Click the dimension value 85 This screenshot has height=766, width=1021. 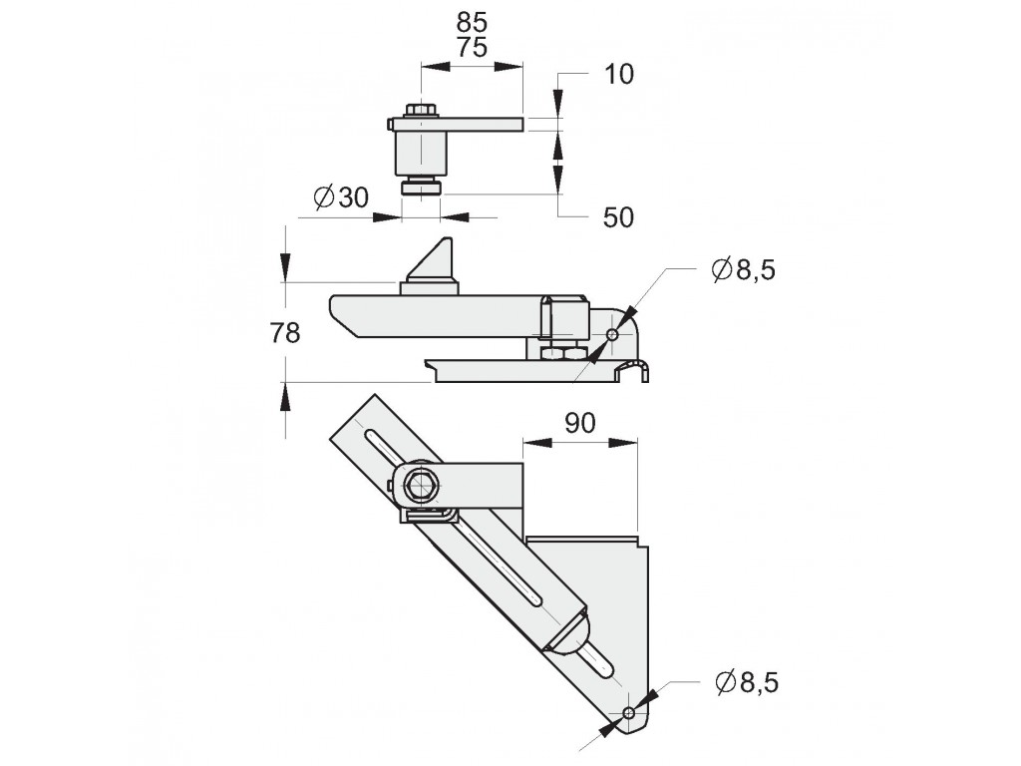[x=473, y=21]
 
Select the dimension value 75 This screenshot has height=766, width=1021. [x=473, y=48]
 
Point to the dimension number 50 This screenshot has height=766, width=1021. [x=619, y=217]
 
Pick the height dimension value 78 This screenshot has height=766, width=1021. [x=285, y=334]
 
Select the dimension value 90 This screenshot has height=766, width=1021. [x=579, y=423]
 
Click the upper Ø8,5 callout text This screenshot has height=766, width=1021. [x=744, y=269]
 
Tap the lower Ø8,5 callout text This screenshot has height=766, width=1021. [x=747, y=683]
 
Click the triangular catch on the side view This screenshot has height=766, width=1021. [x=431, y=261]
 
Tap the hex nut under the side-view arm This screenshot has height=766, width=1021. [x=560, y=351]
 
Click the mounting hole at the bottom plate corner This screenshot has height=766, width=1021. [x=627, y=712]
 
